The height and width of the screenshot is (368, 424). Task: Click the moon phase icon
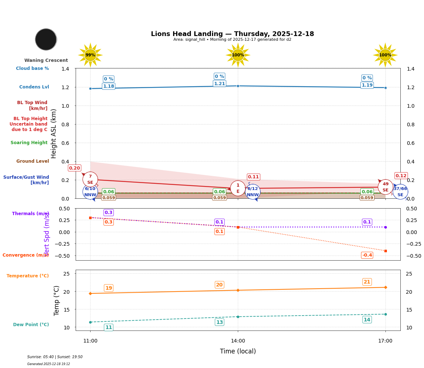(x=46, y=39)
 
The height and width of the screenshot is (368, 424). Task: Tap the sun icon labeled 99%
(x=90, y=55)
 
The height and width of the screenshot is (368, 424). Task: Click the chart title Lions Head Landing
(x=232, y=34)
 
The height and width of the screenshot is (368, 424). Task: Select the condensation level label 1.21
(x=219, y=84)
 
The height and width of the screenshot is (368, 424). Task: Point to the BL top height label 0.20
(x=75, y=168)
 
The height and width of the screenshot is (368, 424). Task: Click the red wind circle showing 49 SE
(x=385, y=187)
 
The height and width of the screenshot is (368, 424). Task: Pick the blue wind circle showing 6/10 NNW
(x=90, y=191)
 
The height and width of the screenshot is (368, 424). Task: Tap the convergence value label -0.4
(x=367, y=255)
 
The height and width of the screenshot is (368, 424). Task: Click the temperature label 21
(x=367, y=282)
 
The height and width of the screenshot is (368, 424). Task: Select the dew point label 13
(x=219, y=322)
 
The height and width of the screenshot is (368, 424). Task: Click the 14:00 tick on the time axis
(x=238, y=341)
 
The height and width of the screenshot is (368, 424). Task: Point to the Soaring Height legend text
(x=29, y=143)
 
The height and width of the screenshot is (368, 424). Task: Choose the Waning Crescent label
(x=46, y=60)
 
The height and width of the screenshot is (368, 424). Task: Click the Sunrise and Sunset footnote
(x=55, y=357)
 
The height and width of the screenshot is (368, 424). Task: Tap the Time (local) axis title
(x=238, y=351)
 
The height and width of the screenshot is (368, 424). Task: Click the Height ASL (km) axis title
(x=54, y=133)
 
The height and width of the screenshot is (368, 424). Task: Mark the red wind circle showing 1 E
(x=238, y=188)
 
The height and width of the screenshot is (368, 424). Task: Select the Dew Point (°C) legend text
(x=31, y=325)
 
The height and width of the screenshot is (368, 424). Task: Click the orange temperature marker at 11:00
(x=90, y=293)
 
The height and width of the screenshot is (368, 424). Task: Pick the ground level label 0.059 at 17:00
(x=367, y=198)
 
